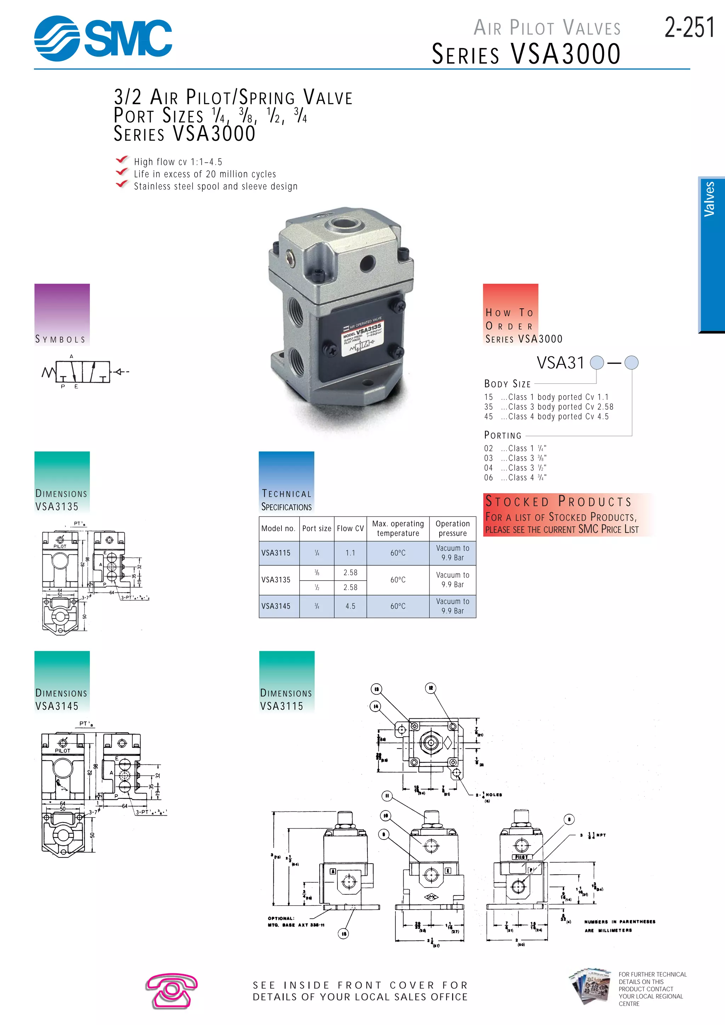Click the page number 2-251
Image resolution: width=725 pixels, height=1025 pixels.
(x=689, y=28)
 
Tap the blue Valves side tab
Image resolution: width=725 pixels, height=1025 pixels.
(x=711, y=255)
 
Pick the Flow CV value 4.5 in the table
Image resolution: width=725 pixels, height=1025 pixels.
(x=350, y=606)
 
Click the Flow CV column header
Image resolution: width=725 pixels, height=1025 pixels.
(x=350, y=529)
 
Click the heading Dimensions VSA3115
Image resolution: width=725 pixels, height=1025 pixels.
(x=286, y=700)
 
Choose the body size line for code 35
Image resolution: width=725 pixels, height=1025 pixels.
(x=549, y=407)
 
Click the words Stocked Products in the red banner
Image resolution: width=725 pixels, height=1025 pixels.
(x=559, y=502)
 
